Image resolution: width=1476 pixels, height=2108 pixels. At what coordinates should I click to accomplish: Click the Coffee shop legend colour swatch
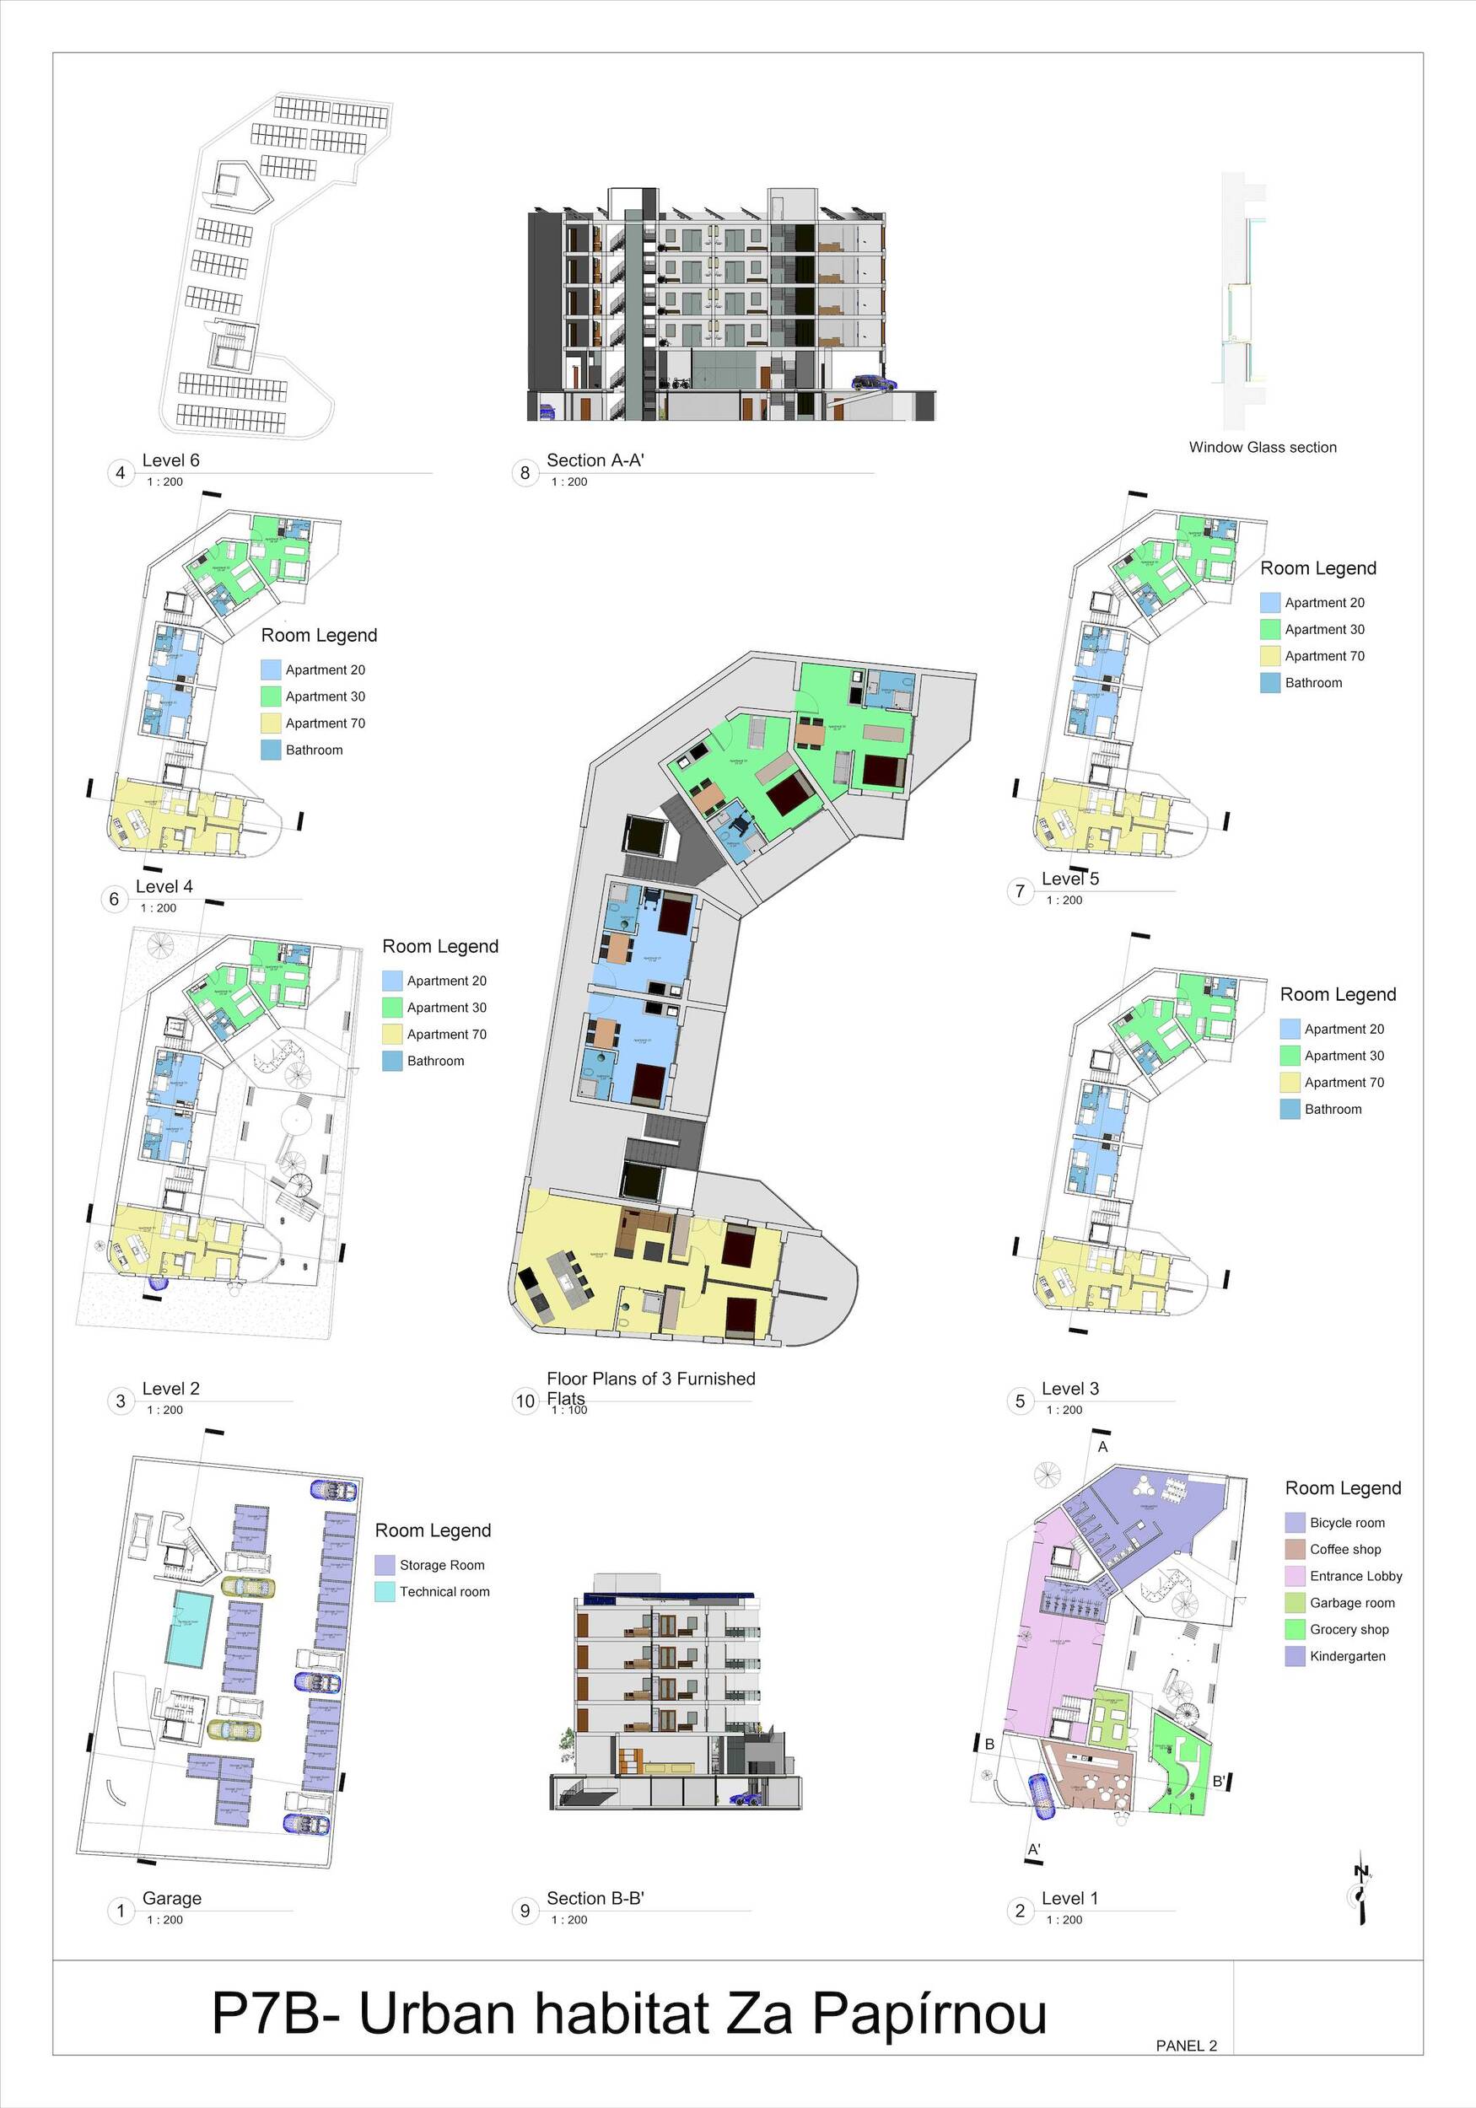click(1295, 1550)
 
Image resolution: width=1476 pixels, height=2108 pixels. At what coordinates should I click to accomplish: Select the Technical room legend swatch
click(385, 1592)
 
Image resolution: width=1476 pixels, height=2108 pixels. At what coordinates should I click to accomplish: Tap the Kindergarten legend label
click(1348, 1656)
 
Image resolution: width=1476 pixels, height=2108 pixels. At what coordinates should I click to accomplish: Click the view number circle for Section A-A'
click(525, 473)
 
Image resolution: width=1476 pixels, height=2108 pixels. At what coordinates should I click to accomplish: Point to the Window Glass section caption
click(1262, 447)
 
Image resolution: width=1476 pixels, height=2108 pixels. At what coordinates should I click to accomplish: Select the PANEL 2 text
click(1186, 2046)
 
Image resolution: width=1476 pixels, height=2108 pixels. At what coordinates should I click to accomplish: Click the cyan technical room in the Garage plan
click(189, 1630)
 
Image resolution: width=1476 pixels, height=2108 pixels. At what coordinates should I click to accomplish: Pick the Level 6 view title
click(171, 461)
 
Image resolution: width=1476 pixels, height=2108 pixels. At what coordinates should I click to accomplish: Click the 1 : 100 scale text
click(569, 1410)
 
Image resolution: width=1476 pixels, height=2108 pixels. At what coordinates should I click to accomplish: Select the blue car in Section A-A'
click(873, 383)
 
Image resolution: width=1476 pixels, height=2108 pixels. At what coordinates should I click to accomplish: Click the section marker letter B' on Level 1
click(1219, 1781)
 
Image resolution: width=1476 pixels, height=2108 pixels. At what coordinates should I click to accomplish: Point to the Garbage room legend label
click(1352, 1603)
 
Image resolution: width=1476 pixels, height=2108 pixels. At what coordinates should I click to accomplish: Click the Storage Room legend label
click(442, 1565)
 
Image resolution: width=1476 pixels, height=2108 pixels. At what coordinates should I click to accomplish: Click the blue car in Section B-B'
click(744, 1799)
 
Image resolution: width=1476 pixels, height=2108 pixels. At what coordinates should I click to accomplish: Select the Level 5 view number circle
click(1020, 890)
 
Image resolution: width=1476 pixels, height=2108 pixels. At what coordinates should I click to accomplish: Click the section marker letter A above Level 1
click(1103, 1447)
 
